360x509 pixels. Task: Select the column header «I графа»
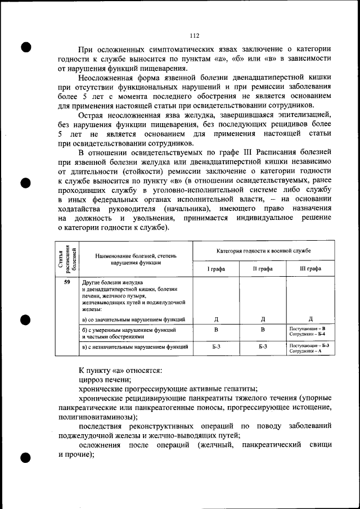(216, 269)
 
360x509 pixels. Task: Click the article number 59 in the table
(67, 281)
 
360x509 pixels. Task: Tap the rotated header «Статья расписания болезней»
(67, 259)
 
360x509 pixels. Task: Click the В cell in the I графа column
(216, 330)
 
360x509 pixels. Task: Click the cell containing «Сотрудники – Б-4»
(308, 334)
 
